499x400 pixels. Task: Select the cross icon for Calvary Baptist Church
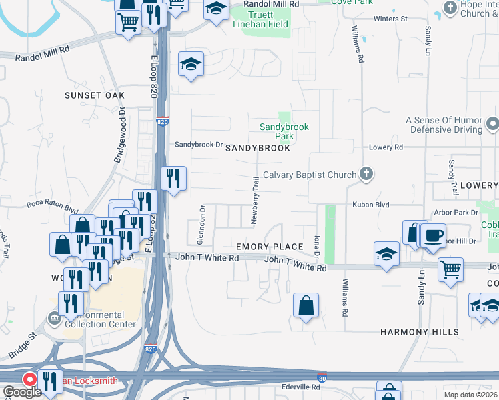[x=365, y=175]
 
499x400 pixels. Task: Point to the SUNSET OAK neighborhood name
[x=95, y=95]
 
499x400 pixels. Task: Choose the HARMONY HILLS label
[x=420, y=331]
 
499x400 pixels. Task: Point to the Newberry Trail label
[x=254, y=199]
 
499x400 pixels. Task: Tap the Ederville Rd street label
[x=306, y=387]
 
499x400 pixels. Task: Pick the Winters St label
[x=390, y=19]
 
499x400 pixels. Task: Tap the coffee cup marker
[x=433, y=235]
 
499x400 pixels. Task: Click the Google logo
[x=21, y=392]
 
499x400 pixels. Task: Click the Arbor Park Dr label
[x=456, y=213]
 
